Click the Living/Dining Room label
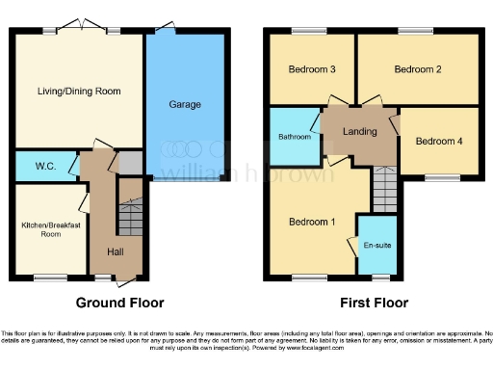tap(78, 91)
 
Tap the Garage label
tap(185, 103)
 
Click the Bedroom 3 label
tap(311, 69)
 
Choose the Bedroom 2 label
tap(417, 69)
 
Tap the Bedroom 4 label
tap(438, 141)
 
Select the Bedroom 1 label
tap(313, 222)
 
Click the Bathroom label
tap(295, 137)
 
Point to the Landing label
tap(359, 132)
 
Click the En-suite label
tap(376, 246)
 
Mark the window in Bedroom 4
tap(443, 177)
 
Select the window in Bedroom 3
tap(308, 32)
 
